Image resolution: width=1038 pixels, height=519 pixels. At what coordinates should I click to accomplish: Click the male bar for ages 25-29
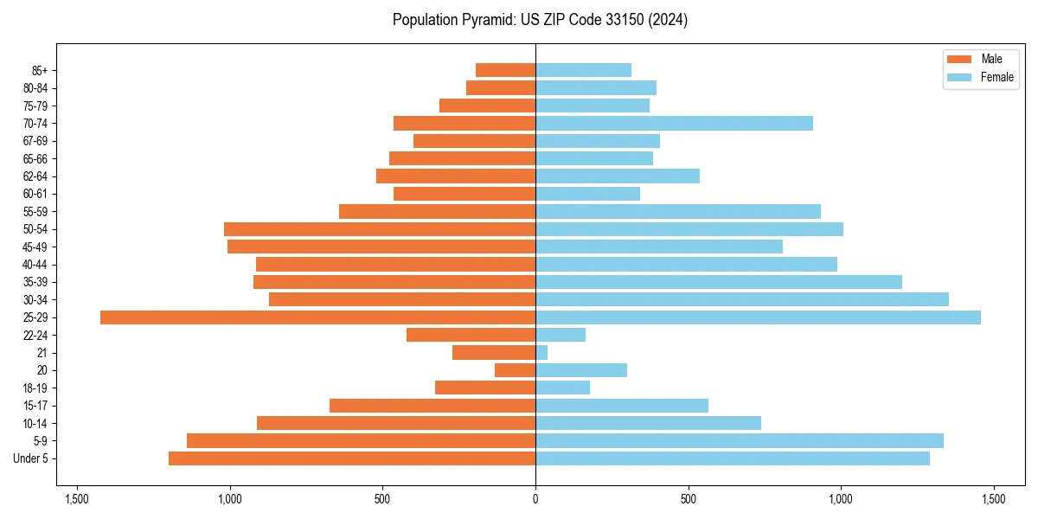click(317, 317)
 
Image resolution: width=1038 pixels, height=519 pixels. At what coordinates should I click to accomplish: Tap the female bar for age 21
click(541, 353)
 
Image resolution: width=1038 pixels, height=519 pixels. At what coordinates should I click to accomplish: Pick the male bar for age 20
click(515, 370)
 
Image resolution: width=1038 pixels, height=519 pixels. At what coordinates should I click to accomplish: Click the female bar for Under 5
click(733, 458)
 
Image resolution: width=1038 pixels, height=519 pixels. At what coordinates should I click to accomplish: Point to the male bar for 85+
click(505, 70)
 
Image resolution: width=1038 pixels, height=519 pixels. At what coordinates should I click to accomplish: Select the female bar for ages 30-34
click(742, 299)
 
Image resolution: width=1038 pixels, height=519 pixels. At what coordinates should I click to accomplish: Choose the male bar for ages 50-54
click(380, 229)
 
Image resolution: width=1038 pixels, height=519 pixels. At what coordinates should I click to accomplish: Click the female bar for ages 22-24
click(561, 335)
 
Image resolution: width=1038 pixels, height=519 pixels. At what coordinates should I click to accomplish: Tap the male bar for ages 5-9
click(361, 441)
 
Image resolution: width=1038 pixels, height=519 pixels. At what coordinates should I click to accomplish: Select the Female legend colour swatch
click(959, 77)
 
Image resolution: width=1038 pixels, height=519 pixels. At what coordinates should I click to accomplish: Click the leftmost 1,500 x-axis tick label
click(77, 500)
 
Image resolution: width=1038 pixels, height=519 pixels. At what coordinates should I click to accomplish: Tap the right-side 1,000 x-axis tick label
click(841, 500)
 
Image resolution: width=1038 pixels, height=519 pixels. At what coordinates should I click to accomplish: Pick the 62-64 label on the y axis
click(35, 176)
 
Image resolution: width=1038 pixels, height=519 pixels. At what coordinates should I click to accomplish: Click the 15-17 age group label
click(35, 406)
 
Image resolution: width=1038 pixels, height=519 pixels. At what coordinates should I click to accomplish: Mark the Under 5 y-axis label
click(31, 458)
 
